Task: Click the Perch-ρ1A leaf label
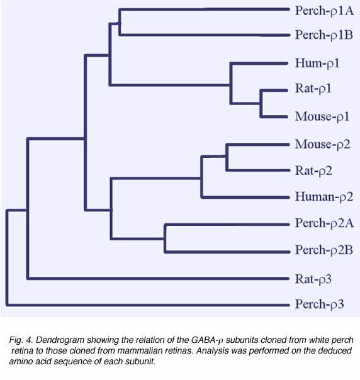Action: [324, 11]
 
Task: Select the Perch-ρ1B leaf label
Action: [324, 35]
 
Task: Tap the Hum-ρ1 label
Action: [317, 64]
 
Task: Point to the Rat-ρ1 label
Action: [313, 89]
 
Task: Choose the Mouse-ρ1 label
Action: [322, 116]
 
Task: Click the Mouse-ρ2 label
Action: [323, 145]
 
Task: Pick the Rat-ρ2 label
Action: [313, 170]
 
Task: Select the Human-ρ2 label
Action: [324, 196]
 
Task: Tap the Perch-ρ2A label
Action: [324, 223]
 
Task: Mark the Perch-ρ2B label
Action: [324, 250]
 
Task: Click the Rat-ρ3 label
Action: [313, 279]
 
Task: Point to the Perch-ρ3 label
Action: [320, 304]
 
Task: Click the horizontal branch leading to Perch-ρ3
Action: [148, 305]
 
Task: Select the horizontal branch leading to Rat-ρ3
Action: [158, 278]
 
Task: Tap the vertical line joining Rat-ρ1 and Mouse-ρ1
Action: [261, 103]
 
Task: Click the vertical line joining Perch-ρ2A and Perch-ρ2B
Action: [166, 238]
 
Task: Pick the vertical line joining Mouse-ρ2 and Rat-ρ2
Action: [227, 157]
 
